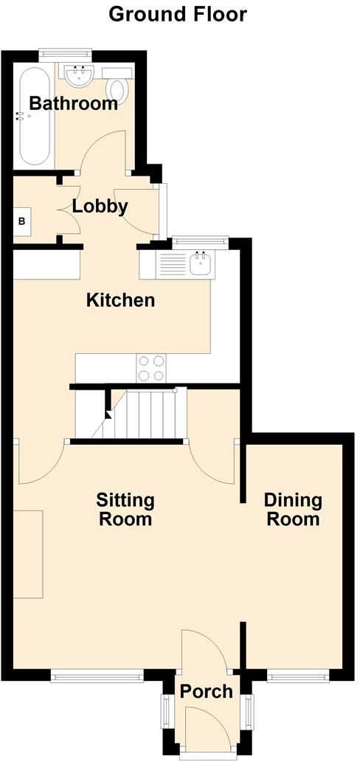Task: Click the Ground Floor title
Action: (177, 15)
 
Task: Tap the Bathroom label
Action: (73, 103)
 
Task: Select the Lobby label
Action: (100, 207)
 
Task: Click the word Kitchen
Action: (120, 299)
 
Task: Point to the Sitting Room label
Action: (125, 509)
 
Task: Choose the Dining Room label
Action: (293, 509)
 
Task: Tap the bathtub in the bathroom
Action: (34, 116)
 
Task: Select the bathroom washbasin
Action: (78, 75)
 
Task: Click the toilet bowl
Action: (118, 89)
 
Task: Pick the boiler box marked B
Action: (22, 221)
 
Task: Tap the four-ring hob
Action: (151, 368)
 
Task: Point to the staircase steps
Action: (139, 414)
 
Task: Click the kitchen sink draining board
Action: (173, 266)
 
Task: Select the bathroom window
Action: (66, 53)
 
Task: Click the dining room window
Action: (298, 675)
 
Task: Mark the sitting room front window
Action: (97, 675)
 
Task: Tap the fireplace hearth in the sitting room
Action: (28, 554)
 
